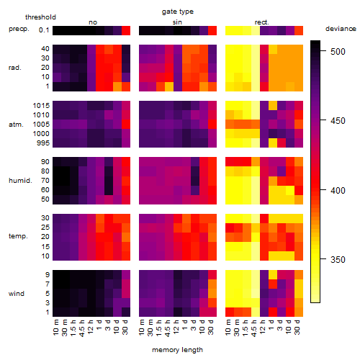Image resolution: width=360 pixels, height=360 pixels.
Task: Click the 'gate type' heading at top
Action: [178, 12]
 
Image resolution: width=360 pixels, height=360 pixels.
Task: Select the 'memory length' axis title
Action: [177, 350]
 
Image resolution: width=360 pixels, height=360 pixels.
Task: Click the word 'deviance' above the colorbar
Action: [341, 29]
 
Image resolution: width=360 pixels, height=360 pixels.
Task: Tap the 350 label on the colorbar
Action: [338, 260]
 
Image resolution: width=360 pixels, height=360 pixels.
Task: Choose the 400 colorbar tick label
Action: [338, 191]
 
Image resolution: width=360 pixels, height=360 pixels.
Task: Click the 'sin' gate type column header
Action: [177, 22]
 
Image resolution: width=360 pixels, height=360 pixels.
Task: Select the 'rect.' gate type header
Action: [262, 22]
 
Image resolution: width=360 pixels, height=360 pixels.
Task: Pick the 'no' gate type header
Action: [93, 22]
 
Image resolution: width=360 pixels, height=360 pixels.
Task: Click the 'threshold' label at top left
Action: [40, 17]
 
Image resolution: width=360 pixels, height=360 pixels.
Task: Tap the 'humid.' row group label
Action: [20, 181]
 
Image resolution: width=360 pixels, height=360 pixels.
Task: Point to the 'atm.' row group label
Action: [16, 125]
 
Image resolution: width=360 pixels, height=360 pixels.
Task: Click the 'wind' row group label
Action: [17, 294]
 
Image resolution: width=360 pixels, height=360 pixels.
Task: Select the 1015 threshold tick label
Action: [41, 106]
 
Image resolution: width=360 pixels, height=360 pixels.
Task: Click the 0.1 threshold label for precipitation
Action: [44, 30]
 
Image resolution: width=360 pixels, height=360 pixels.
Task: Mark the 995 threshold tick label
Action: [43, 143]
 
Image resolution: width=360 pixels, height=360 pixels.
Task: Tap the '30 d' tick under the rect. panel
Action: [297, 327]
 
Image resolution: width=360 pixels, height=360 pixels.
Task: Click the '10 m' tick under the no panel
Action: [56, 328]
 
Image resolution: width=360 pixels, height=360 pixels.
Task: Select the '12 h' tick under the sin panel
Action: [176, 327]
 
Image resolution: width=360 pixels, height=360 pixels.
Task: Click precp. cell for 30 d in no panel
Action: [126, 30]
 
